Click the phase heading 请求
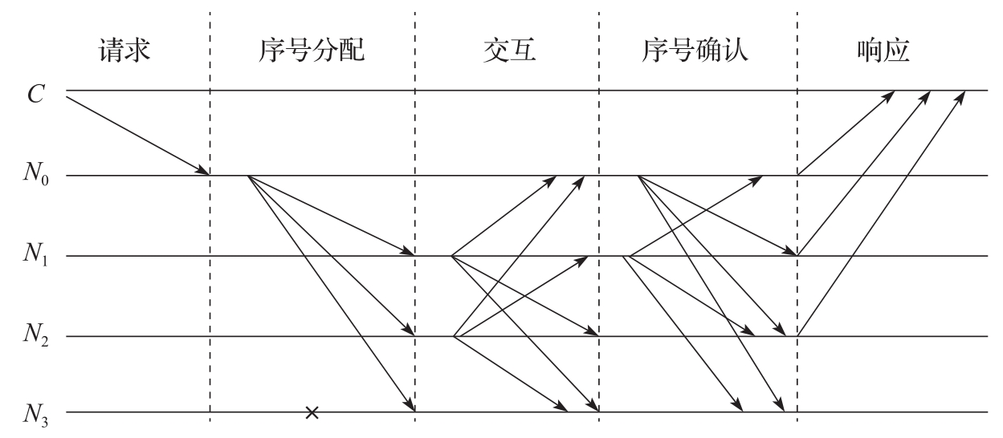pyautogui.click(x=124, y=50)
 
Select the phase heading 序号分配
pyautogui.click(x=312, y=50)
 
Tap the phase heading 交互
pyautogui.click(x=509, y=50)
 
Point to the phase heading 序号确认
pyautogui.click(x=695, y=50)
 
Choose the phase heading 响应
pyautogui.click(x=883, y=50)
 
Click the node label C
pyautogui.click(x=36, y=95)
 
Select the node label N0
pyautogui.click(x=36, y=173)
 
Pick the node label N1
pyautogui.click(x=36, y=253)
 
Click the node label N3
pyautogui.click(x=36, y=414)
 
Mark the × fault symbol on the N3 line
pyautogui.click(x=312, y=412)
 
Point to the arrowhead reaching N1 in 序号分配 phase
pyautogui.click(x=409, y=251)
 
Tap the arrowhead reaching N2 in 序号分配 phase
pyautogui.click(x=410, y=330)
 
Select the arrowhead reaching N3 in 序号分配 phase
pyautogui.click(x=410, y=405)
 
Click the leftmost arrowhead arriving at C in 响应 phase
pyautogui.click(x=889, y=95)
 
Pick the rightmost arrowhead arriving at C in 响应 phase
pyautogui.click(x=960, y=96)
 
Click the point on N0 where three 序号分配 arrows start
pyautogui.click(x=248, y=176)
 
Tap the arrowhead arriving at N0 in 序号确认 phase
pyautogui.click(x=756, y=180)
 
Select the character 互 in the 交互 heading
pyautogui.click(x=523, y=50)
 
